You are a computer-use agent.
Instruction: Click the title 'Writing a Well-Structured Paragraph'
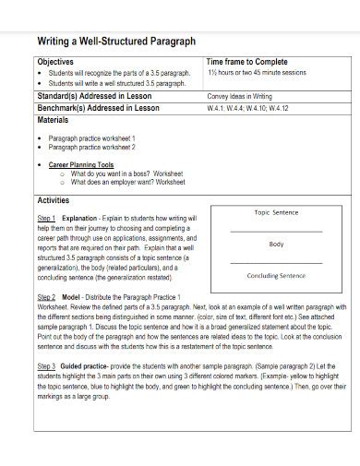pos(115,41)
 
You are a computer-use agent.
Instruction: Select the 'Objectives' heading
pos(57,61)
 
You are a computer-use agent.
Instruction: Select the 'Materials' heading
pos(54,120)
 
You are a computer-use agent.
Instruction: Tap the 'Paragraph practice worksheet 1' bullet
pos(91,137)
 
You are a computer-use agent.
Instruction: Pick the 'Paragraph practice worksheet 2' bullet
pos(91,146)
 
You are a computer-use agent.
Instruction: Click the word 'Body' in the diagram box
pos(276,245)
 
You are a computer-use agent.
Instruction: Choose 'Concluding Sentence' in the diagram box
pos(276,276)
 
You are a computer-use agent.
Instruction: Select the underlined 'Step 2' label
pos(46,297)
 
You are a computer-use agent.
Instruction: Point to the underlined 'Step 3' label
pos(46,365)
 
